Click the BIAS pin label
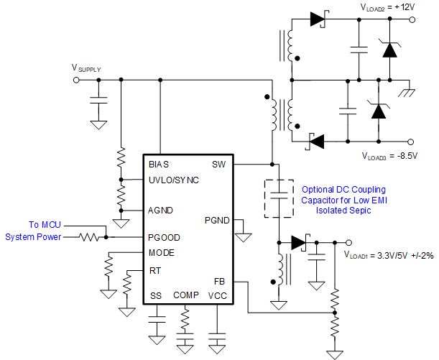pos(159,164)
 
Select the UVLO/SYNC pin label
pos(174,180)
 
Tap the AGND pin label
pos(161,211)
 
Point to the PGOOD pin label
pos(165,237)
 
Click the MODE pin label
pos(162,253)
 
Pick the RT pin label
pos(155,270)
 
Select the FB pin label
pos(220,281)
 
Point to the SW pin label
pos(219,164)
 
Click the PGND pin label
pos(217,219)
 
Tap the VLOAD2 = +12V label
pos(387,7)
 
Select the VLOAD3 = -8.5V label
pos(389,155)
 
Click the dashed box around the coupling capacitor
pos(279,198)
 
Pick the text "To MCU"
pos(44,224)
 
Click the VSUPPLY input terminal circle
pos(75,80)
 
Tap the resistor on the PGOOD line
pos(89,237)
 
